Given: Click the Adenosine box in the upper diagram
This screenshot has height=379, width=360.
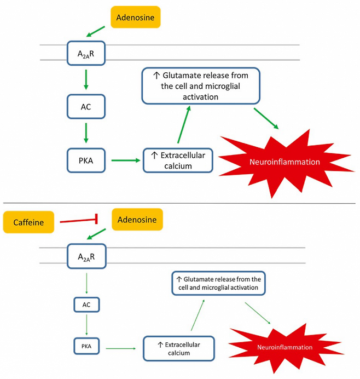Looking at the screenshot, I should tap(136, 18).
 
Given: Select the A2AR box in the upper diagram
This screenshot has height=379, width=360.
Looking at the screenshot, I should tap(85, 53).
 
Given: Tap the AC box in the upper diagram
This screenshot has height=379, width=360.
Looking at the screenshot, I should tap(85, 107).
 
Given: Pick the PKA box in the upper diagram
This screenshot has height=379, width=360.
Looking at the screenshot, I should tap(85, 160).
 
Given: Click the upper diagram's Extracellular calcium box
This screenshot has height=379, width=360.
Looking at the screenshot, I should tap(178, 160).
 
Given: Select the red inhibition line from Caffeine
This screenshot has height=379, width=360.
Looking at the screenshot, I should tap(78, 221).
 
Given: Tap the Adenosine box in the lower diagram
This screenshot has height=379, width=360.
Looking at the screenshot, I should tap(137, 220).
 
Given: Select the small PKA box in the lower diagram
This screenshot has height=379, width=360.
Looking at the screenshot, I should tap(86, 346).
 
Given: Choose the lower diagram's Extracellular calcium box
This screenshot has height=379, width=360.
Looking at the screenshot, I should tap(178, 348).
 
